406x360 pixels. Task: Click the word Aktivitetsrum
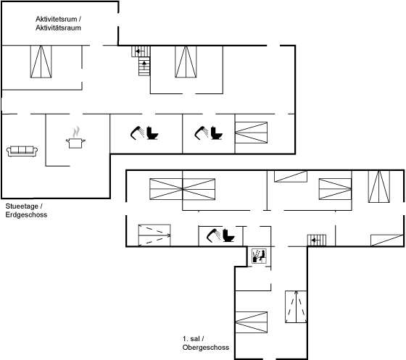point(57,19)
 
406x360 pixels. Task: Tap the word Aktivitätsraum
point(58,28)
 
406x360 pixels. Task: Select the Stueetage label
point(22,206)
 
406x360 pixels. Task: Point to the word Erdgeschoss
point(26,215)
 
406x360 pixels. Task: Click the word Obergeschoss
point(206,348)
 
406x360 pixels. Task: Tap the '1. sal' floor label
point(191,339)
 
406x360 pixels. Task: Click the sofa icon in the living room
point(22,151)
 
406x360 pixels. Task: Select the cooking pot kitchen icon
point(75,143)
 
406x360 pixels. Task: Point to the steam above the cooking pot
point(76,132)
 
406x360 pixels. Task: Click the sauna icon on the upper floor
point(259,256)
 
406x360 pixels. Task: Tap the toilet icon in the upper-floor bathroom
point(228,235)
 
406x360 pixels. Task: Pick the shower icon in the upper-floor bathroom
point(213,235)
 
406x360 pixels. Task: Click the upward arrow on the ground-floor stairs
point(144,64)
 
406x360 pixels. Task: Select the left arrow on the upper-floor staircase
point(315,240)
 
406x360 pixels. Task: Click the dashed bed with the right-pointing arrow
point(154,235)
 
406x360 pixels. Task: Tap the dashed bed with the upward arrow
point(296,306)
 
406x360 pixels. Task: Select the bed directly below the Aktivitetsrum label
point(41,62)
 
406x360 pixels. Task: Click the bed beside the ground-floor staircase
point(186,62)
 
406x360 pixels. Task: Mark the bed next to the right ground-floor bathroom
point(251,133)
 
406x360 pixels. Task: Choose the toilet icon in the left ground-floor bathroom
point(152,133)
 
